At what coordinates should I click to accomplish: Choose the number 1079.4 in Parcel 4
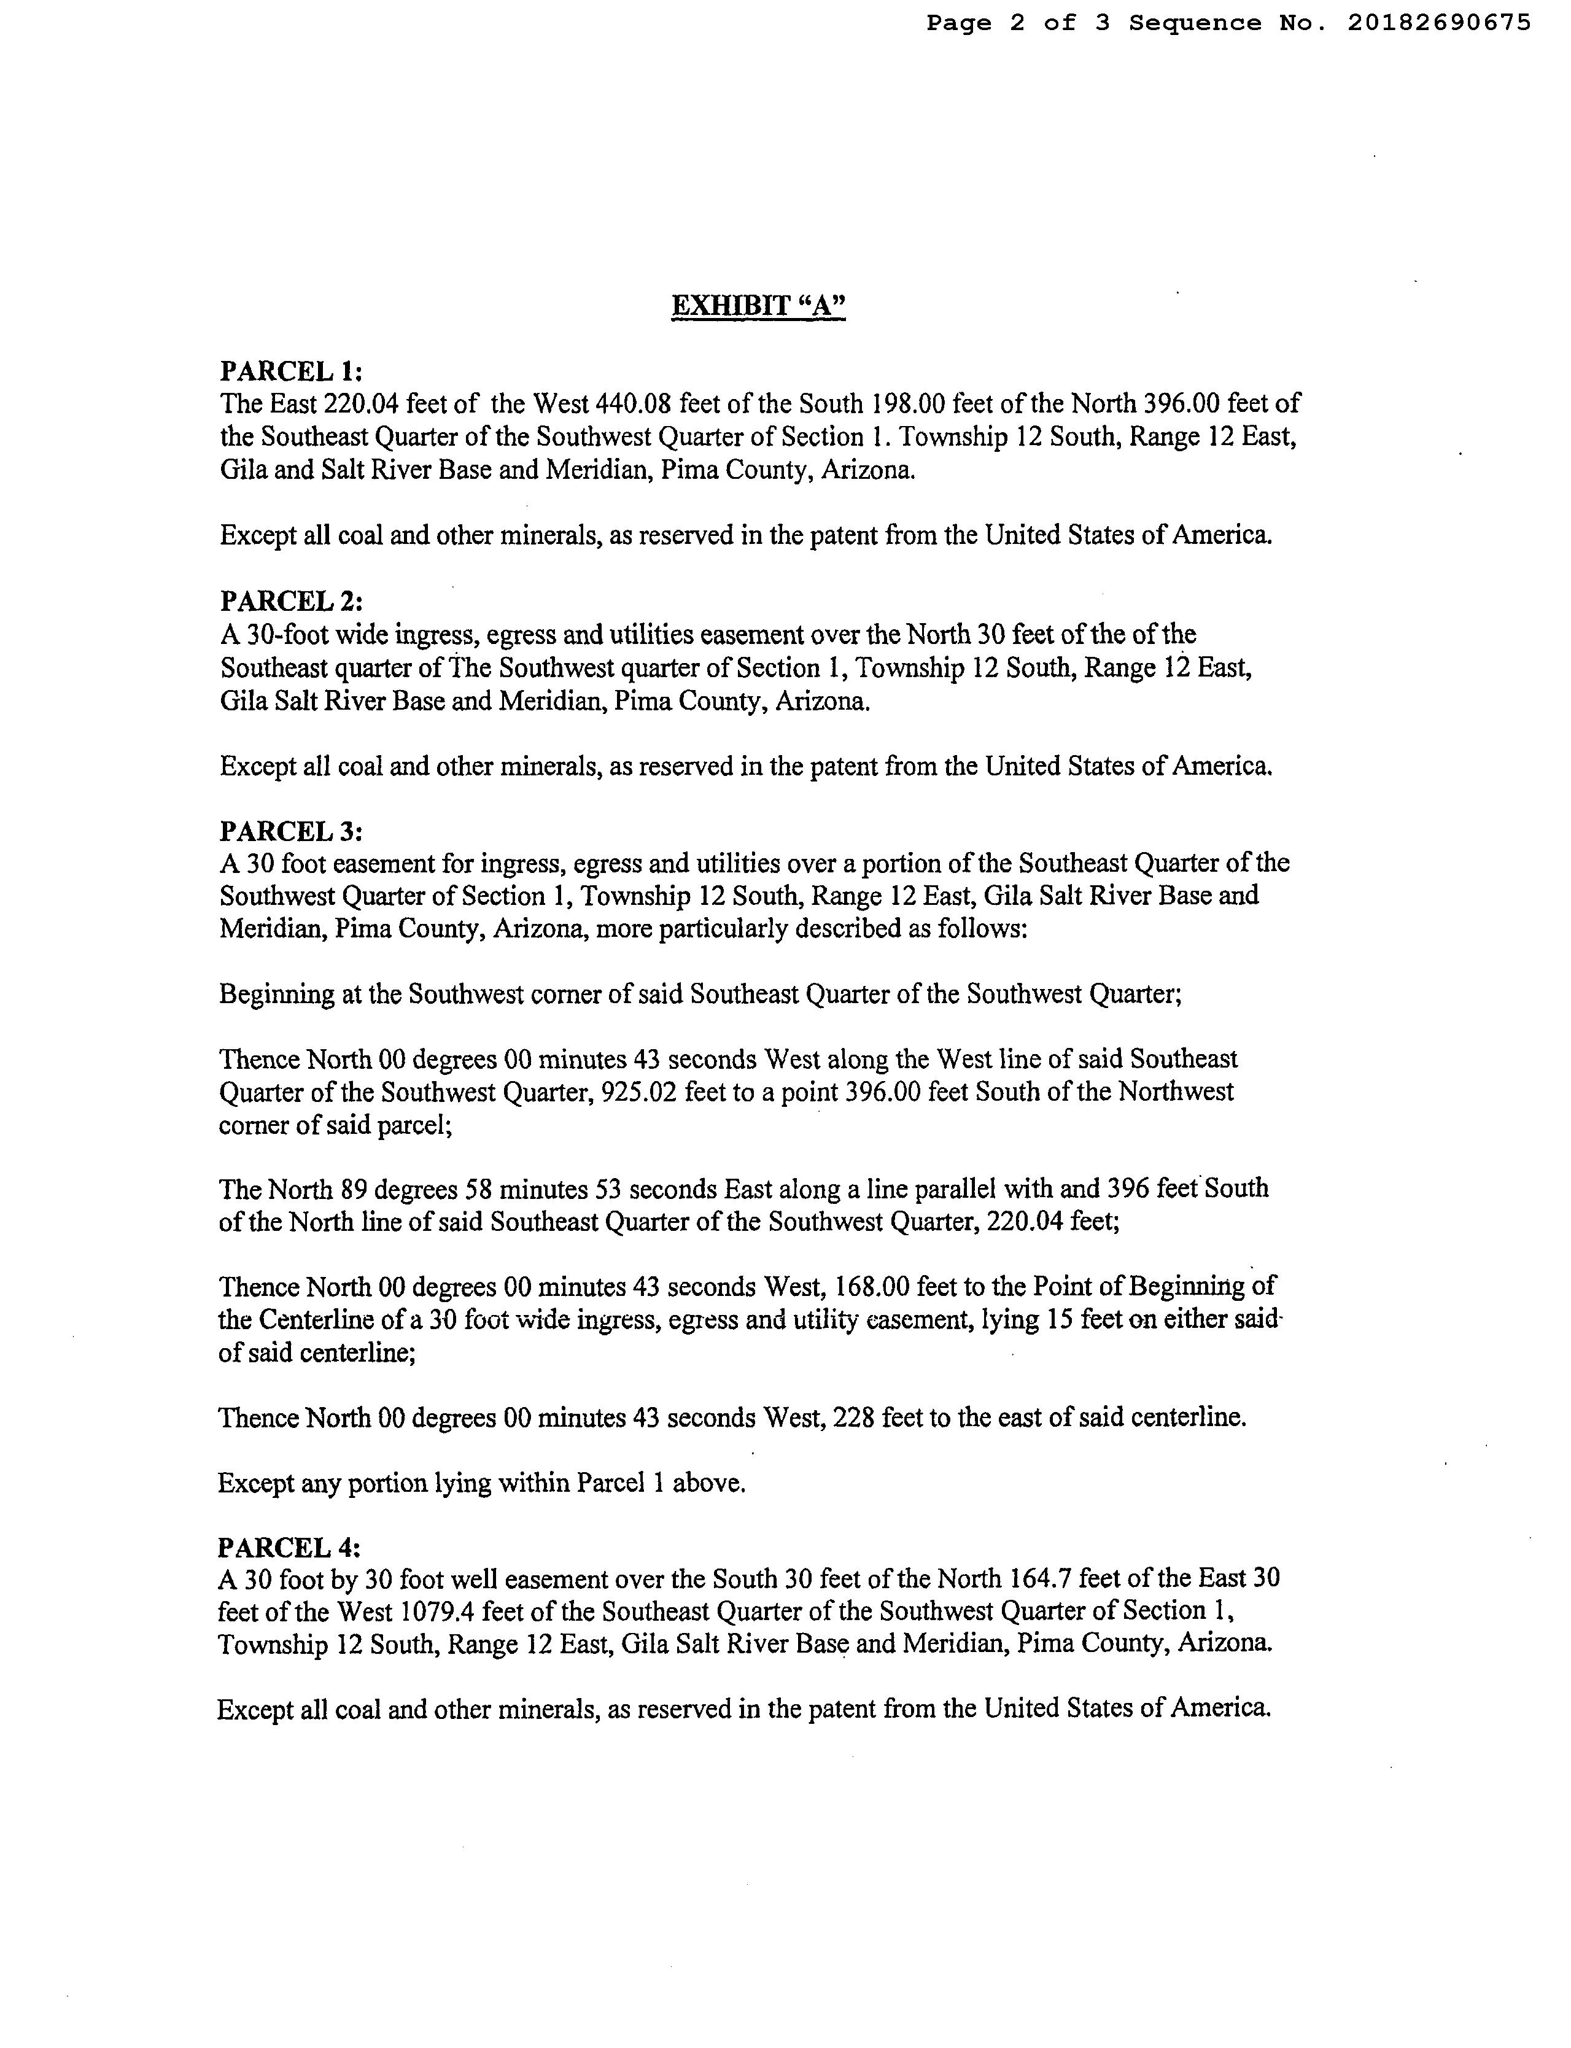click(438, 1612)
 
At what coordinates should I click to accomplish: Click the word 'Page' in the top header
click(958, 23)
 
